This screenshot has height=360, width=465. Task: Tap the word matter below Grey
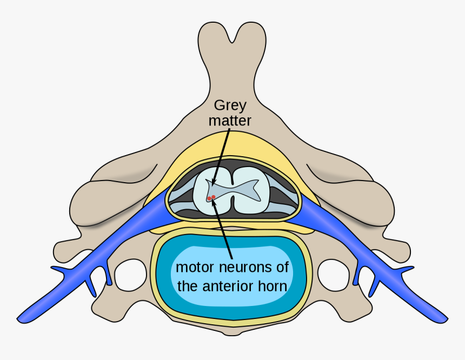(230, 121)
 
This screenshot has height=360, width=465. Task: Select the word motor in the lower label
(194, 267)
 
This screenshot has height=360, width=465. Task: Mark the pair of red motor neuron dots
(211, 198)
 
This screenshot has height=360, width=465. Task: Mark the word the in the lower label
(187, 286)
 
